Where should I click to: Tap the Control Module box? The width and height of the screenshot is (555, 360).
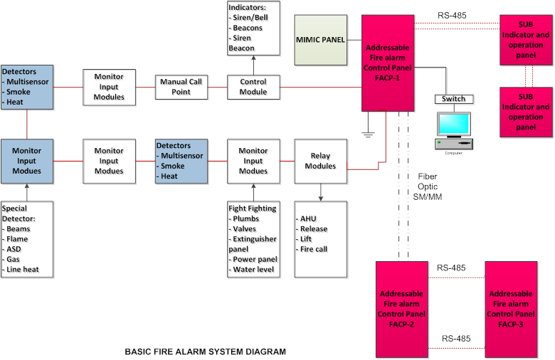pos(253,88)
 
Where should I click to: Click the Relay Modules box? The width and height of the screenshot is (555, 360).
pos(319,161)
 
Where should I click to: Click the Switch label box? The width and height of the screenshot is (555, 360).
pos(453,99)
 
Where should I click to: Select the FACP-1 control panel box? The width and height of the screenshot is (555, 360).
pos(387,63)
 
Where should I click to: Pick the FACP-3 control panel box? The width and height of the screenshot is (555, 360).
pos(511,309)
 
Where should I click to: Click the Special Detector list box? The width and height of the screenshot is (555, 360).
pos(27,239)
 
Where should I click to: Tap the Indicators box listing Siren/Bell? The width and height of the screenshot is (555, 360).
pos(253,28)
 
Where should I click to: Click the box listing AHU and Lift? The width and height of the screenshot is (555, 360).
pos(319,239)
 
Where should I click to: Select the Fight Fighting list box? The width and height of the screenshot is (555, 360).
pos(253,239)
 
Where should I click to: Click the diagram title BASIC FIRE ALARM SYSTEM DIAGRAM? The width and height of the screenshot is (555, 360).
pos(205,351)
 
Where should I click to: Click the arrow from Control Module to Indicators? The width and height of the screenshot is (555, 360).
pos(253,65)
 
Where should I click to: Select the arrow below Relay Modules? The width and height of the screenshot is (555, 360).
pos(319,190)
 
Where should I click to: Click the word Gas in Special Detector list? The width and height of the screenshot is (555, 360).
pos(14,259)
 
